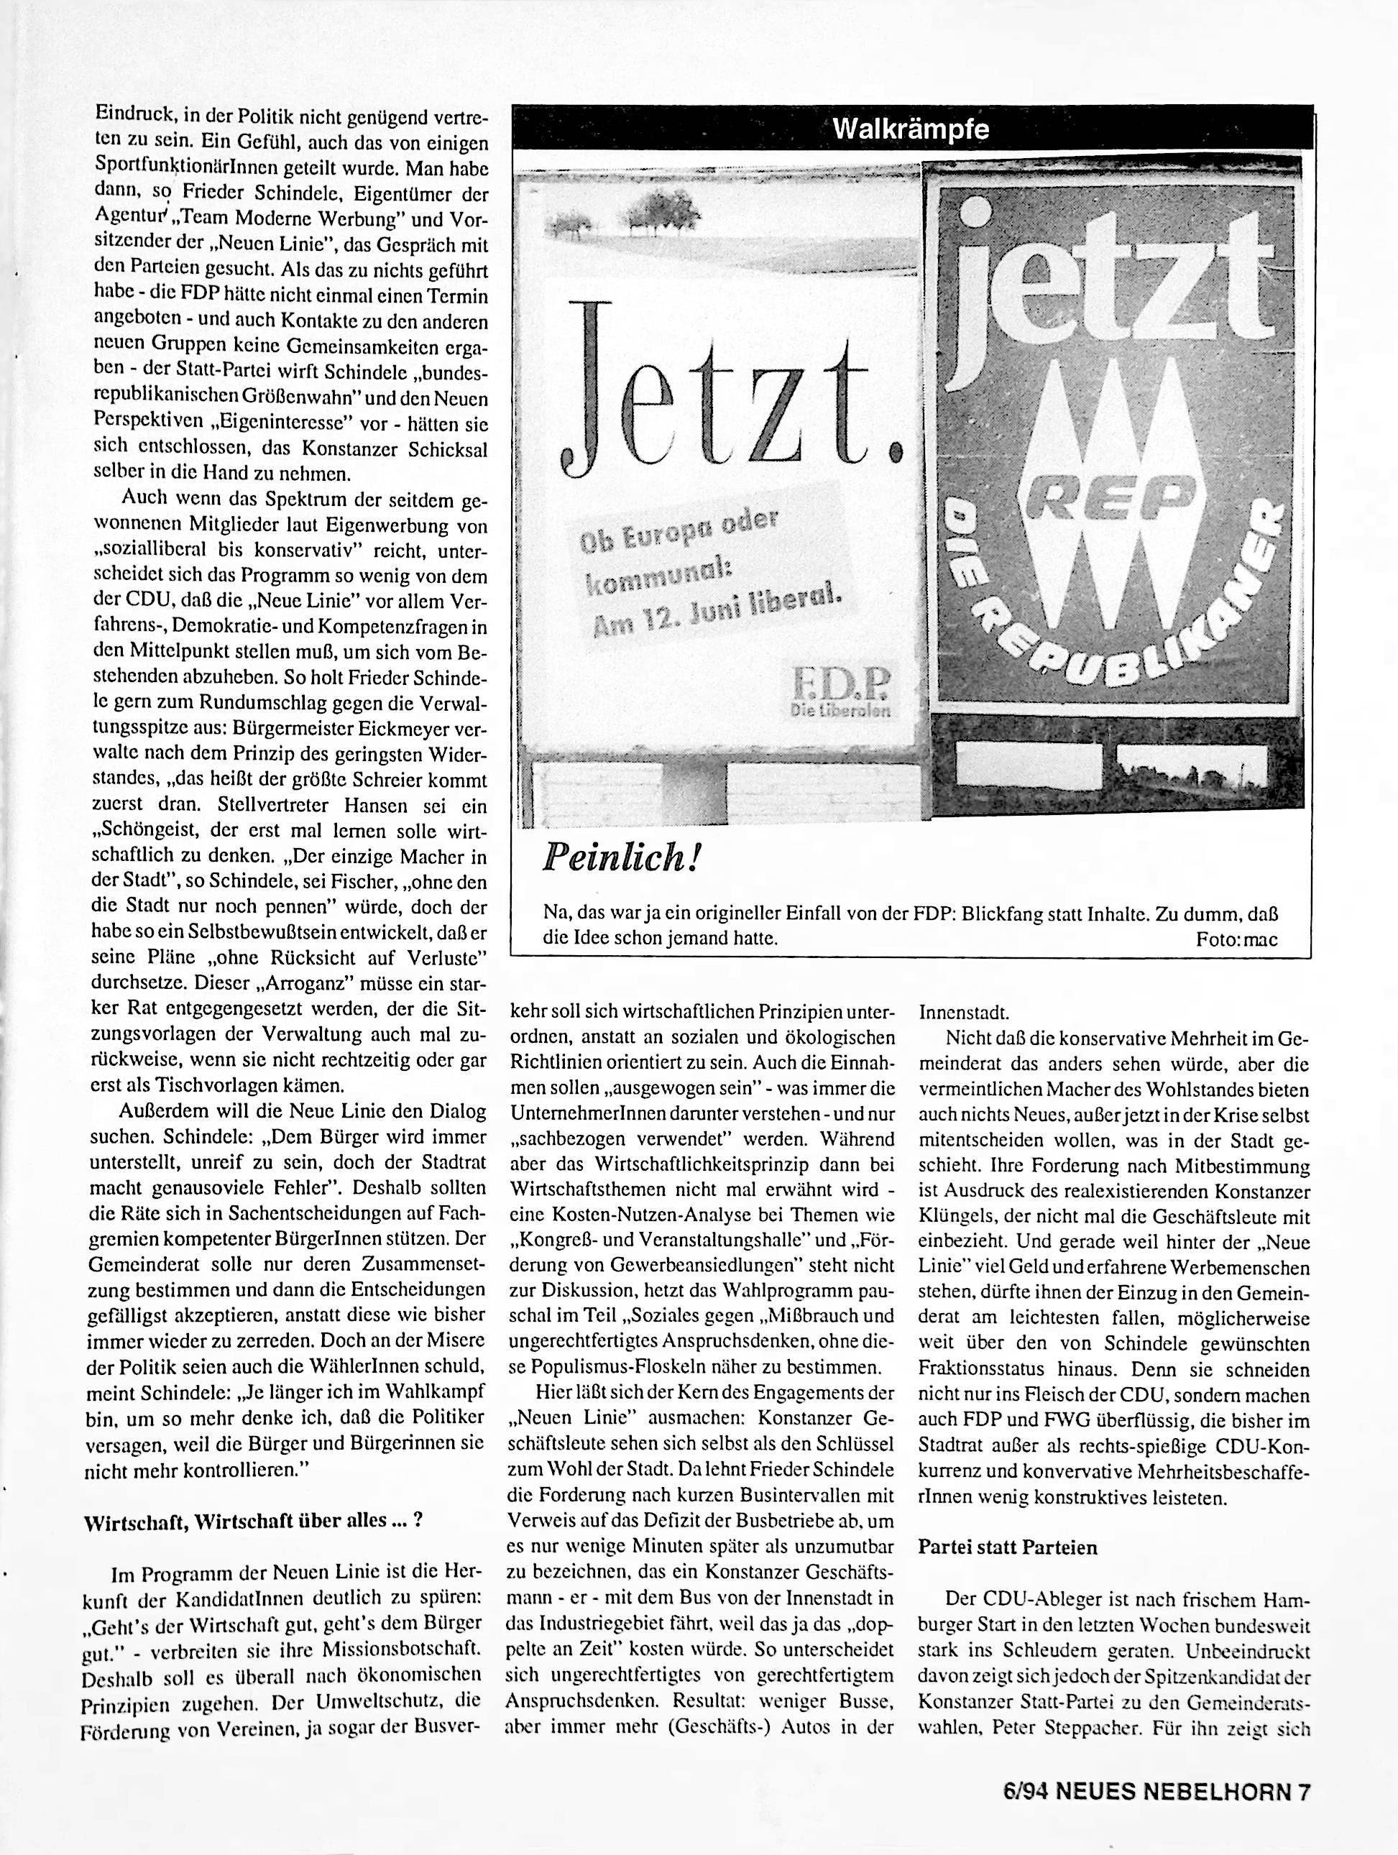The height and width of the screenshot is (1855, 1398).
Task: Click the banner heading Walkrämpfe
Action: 911,130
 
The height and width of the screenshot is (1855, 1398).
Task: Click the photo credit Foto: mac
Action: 1236,939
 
